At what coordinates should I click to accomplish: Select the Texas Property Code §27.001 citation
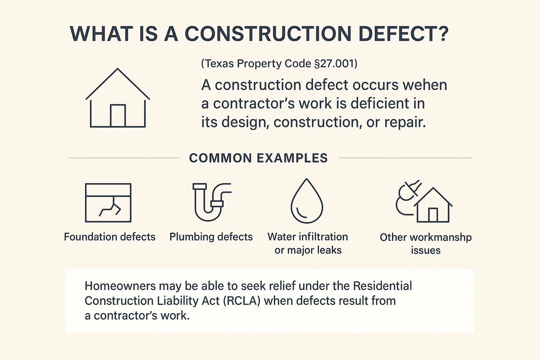(279, 64)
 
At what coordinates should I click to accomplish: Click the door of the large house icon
(117, 115)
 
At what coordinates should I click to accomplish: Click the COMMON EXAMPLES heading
(258, 158)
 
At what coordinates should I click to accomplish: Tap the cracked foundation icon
(108, 202)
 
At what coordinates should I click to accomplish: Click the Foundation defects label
(110, 237)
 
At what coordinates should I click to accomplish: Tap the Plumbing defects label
(211, 237)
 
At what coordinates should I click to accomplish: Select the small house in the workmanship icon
(432, 207)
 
